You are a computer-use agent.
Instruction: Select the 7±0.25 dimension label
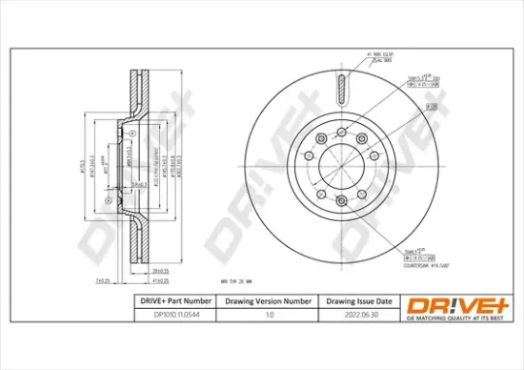tap(104, 280)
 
